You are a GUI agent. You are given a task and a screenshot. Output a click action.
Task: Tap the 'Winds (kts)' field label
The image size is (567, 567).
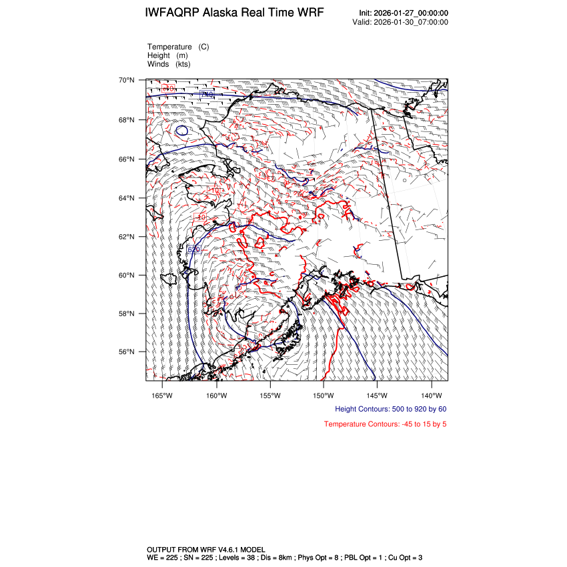coord(168,64)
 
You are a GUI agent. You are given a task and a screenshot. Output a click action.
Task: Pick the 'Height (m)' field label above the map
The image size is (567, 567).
coord(167,55)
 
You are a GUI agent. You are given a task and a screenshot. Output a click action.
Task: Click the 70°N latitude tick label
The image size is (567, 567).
coord(127,80)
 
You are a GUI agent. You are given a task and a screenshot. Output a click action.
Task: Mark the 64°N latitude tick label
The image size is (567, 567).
coord(127,198)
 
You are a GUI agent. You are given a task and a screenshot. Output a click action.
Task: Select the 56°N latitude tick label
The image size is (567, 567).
coord(127,352)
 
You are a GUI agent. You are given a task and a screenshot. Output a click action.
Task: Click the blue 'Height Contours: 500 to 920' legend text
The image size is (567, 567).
coord(390,409)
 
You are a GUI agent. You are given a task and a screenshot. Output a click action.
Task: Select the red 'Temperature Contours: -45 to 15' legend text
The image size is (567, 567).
coord(385,424)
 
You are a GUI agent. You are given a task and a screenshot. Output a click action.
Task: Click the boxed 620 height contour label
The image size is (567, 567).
coord(193,249)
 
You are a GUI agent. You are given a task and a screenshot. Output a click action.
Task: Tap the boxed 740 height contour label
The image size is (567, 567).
coord(207,95)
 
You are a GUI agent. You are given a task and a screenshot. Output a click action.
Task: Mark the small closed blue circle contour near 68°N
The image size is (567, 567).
coord(181,130)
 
